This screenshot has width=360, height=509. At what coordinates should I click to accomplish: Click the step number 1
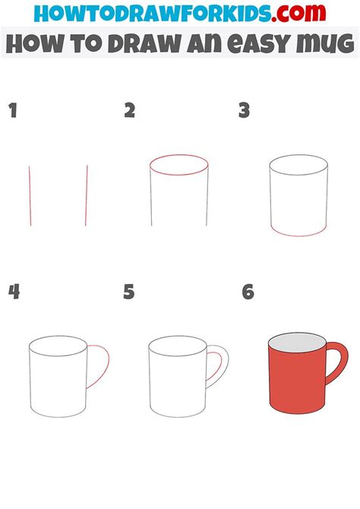pyautogui.click(x=12, y=111)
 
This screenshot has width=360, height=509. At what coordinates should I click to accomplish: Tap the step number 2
pyautogui.click(x=130, y=111)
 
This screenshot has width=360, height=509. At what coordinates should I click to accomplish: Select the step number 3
pyautogui.click(x=244, y=111)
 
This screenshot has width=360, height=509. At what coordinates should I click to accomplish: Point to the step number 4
pyautogui.click(x=13, y=291)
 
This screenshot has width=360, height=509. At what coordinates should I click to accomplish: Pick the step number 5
pyautogui.click(x=129, y=291)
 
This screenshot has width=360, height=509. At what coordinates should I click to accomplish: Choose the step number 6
pyautogui.click(x=247, y=291)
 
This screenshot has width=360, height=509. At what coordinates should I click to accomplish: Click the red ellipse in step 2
pyautogui.click(x=178, y=166)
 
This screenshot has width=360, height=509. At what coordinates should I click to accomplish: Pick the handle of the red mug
pyautogui.click(x=339, y=366)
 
